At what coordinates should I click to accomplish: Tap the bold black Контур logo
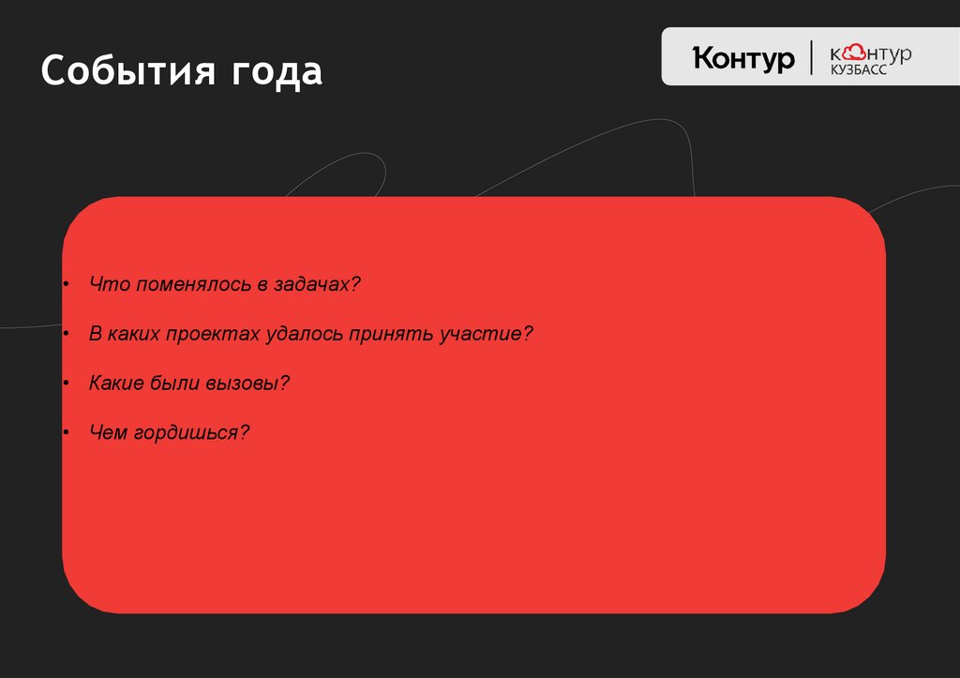(743, 58)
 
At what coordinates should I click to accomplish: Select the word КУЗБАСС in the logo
(858, 70)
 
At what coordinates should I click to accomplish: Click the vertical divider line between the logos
(812, 57)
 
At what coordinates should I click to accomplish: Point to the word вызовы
(254, 384)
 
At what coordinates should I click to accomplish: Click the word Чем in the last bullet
(107, 433)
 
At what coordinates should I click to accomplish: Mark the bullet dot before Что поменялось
(67, 284)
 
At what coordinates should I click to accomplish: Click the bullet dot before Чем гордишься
(67, 433)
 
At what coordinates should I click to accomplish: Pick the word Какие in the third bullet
(116, 384)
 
